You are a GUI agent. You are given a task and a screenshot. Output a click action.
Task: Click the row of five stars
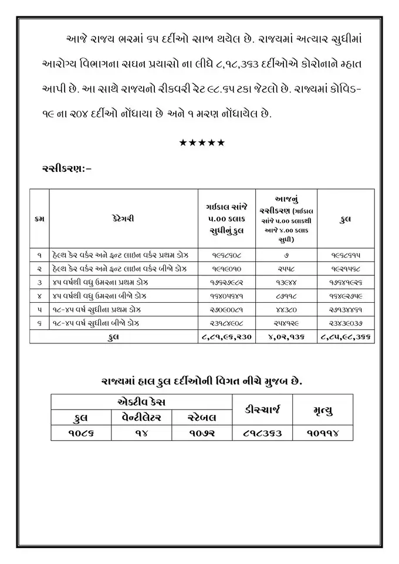(201, 143)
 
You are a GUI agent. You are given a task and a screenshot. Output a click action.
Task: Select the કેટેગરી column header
(123, 218)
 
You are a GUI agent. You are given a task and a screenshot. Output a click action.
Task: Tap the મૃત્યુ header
(323, 409)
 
